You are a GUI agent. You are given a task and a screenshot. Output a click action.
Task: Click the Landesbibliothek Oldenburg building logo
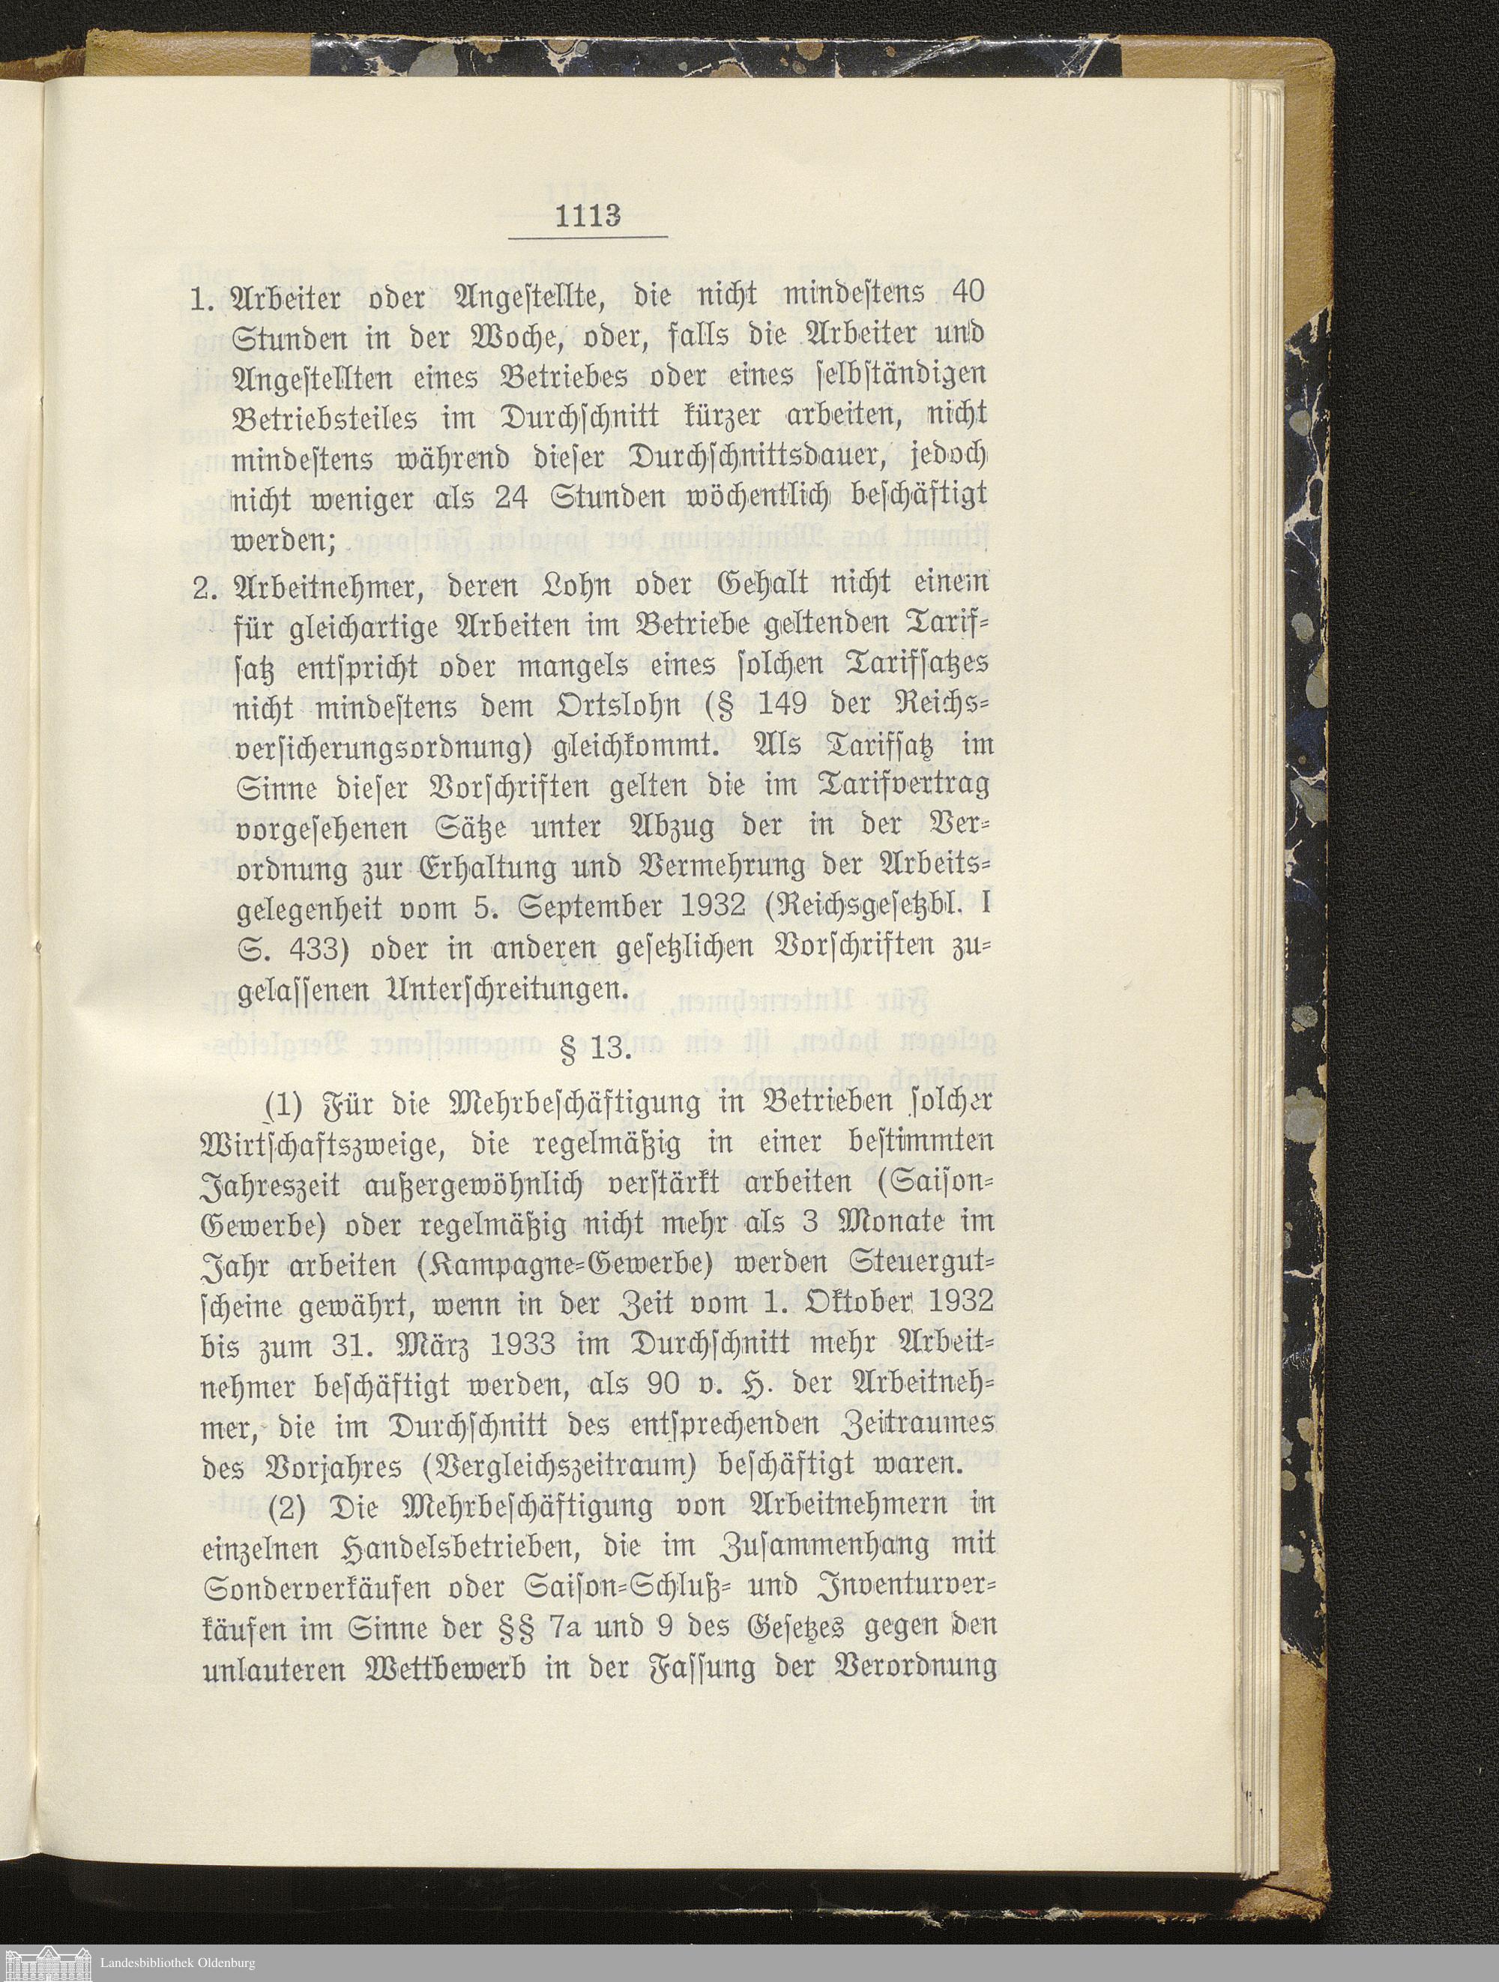point(42,1963)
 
